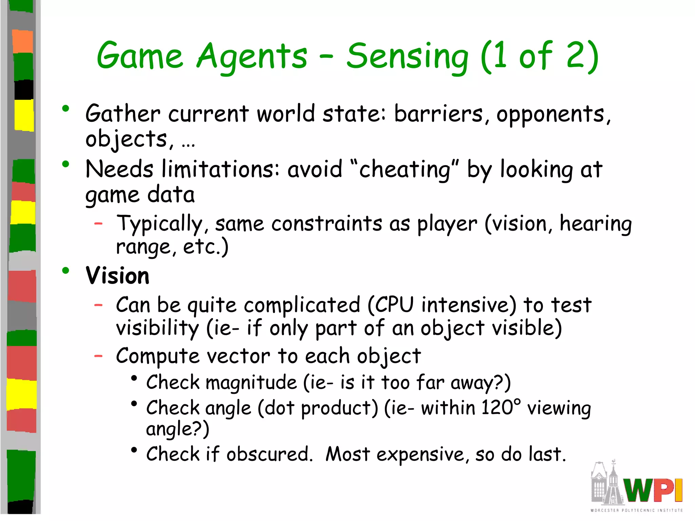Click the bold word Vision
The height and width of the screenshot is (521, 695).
point(117,275)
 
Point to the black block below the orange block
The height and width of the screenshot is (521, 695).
point(24,90)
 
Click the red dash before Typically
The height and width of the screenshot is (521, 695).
point(98,224)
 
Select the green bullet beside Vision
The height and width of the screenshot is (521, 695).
point(66,271)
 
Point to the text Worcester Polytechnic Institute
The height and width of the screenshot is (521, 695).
point(636,510)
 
